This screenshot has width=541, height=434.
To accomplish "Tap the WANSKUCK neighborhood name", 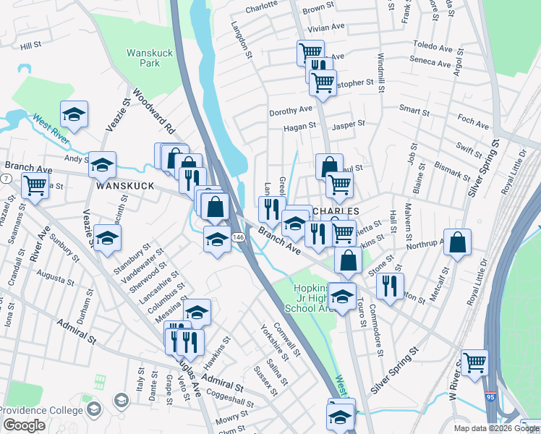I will (x=125, y=186).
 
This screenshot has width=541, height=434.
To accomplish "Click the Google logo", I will (x=24, y=425).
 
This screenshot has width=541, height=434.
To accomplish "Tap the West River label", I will (x=50, y=127).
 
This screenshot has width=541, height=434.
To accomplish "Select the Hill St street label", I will (x=31, y=45).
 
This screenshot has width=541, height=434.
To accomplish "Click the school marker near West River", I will (x=74, y=114).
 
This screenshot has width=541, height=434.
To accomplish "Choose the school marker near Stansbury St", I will (x=107, y=238).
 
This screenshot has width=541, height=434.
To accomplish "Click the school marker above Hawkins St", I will (x=196, y=312).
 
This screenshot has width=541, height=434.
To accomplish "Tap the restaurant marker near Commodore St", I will (x=389, y=286).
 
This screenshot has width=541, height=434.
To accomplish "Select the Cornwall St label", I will (x=288, y=339).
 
